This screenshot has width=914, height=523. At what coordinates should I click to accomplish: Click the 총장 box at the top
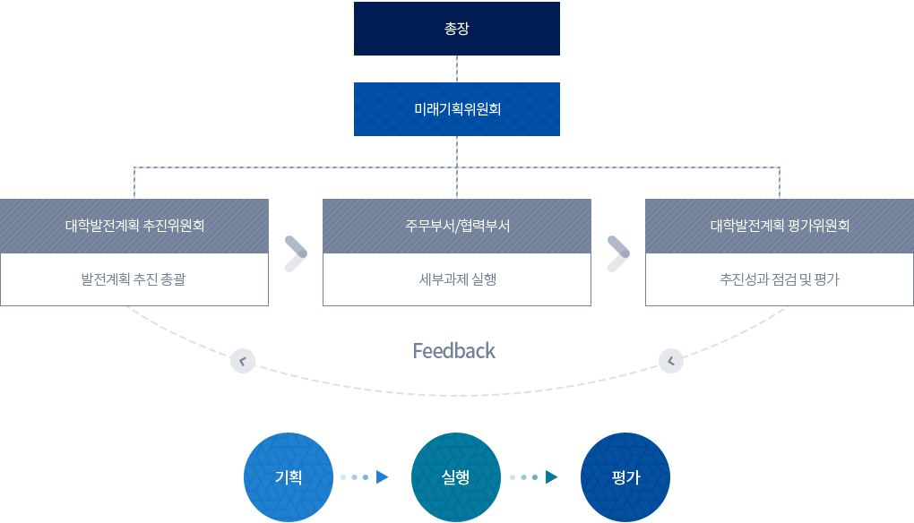pos(457,28)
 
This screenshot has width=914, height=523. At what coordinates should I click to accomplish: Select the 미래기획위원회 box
pos(457,109)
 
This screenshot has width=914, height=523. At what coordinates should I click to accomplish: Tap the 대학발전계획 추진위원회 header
pos(134,226)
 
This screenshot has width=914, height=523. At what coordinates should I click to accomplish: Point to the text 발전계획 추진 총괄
pos(134,279)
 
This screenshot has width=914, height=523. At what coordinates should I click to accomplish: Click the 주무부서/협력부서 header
pos(457,226)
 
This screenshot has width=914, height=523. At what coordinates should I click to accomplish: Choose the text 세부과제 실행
pos(457,279)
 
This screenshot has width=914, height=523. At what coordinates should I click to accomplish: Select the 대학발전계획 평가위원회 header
pos(780,226)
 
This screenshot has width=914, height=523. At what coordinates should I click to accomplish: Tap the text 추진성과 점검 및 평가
pos(780,279)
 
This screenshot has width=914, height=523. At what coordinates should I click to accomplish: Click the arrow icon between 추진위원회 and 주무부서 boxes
pos(296,253)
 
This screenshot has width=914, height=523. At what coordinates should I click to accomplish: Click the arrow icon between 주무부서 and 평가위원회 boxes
pos(618,253)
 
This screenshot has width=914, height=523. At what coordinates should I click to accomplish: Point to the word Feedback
pos(454,350)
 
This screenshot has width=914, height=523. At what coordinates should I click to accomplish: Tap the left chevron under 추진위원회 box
pos(242,361)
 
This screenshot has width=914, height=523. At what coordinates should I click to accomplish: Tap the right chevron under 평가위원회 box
pos(671,361)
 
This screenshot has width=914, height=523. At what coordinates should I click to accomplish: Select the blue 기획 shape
pos(288,476)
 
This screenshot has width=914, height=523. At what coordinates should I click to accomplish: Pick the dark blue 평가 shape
pos(625,476)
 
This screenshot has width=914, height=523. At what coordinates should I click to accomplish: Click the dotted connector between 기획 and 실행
pos(364,476)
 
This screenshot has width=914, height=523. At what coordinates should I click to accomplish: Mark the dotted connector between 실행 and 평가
pos(533,476)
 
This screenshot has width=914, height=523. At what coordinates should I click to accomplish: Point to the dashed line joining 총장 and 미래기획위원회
pos(457,69)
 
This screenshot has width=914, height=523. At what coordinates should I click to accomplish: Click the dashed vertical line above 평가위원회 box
pos(780,182)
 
